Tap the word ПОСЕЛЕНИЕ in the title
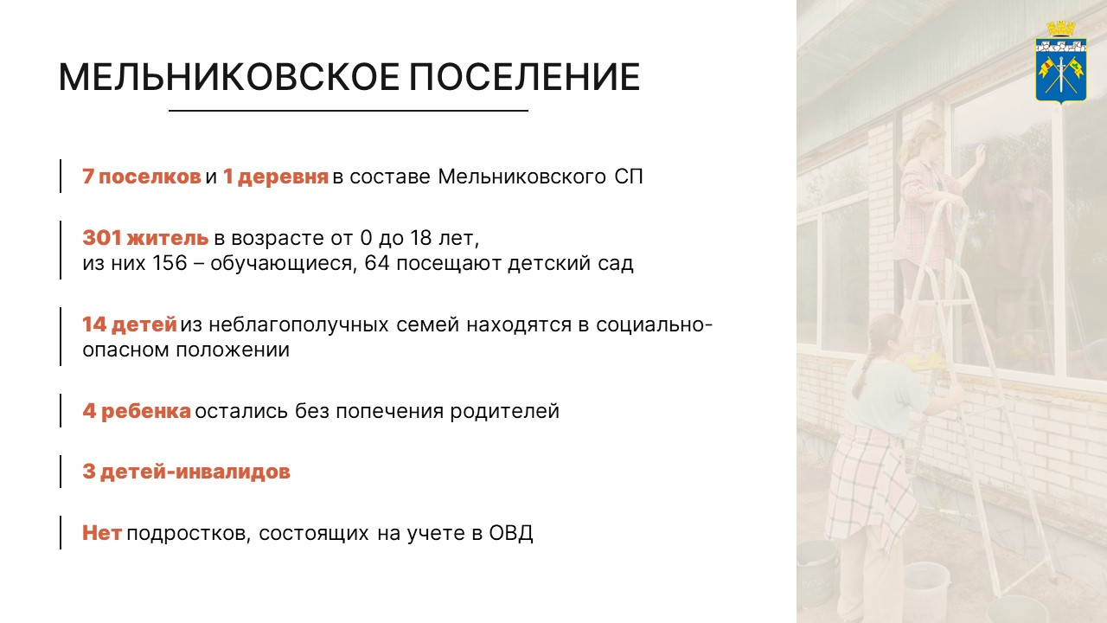click(524, 77)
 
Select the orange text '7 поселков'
click(142, 177)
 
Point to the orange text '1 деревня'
click(275, 177)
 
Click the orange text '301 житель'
click(145, 238)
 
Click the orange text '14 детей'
click(130, 325)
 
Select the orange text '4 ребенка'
click(137, 412)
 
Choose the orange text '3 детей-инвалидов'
click(186, 472)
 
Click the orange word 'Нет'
click(102, 533)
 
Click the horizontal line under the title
click(348, 111)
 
